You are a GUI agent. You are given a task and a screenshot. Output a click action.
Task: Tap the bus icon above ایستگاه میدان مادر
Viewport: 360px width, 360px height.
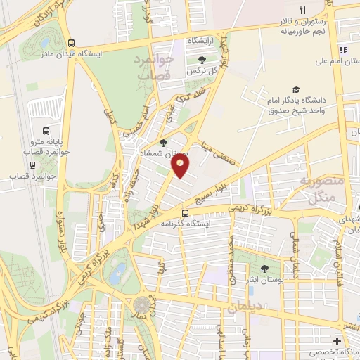[70, 41]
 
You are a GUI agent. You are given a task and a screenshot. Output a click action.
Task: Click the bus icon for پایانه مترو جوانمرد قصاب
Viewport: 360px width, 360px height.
[46, 131]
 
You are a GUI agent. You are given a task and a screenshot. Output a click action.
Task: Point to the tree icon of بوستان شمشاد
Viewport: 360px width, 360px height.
[164, 143]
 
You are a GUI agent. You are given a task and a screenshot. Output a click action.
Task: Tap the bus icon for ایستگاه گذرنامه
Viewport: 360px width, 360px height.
[185, 212]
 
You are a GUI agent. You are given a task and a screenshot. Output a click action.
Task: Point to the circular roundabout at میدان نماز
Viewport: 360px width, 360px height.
[143, 304]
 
